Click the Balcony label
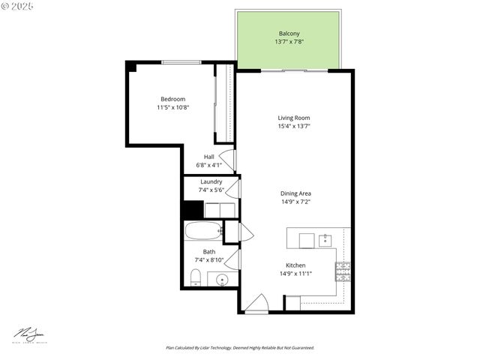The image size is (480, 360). [x=289, y=34]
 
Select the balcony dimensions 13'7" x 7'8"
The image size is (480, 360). [x=289, y=42]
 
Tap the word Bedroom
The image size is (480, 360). [x=172, y=99]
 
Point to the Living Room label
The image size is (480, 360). [x=294, y=118]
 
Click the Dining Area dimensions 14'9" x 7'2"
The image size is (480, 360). [x=295, y=202]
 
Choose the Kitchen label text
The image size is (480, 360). [x=295, y=265]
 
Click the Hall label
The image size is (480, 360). [x=209, y=157]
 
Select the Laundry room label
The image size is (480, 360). [x=211, y=181]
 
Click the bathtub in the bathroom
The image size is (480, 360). [x=202, y=231]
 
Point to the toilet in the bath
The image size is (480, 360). [x=195, y=280]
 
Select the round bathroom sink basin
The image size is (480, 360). [x=222, y=280]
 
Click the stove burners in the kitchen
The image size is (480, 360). [x=343, y=271]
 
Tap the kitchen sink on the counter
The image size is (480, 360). [x=325, y=240]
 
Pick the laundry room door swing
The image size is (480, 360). [x=234, y=187]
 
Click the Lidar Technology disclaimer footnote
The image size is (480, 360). [x=240, y=348]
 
